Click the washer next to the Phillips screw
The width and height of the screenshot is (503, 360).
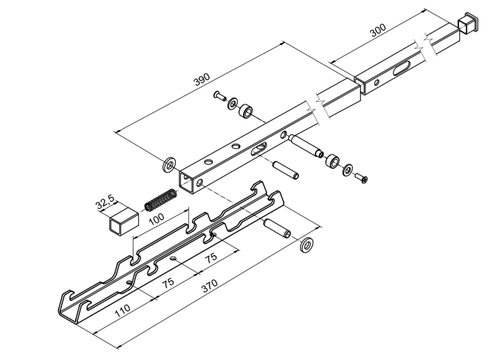pyautogui.click(x=347, y=170)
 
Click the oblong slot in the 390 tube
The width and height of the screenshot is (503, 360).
pyautogui.click(x=261, y=148)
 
